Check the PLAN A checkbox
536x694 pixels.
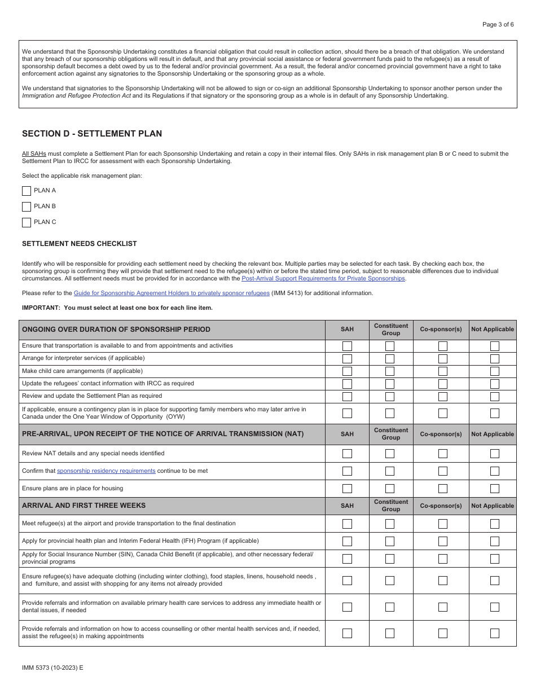pos(27,191)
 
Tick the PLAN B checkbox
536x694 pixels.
pos(27,207)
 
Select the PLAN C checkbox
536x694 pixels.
pos(27,222)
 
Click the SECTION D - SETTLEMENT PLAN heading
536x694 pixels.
pos(92,134)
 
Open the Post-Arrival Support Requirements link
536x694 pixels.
pos(323,278)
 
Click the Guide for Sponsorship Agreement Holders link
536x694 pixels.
pos(172,293)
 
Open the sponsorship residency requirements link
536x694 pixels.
pos(106,471)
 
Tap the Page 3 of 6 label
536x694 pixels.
pos(498,24)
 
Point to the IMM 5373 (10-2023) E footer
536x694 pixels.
pos(52,667)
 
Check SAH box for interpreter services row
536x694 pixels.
pos(347,358)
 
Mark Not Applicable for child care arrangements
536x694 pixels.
pos(494,371)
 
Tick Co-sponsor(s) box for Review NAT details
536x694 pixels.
pos(443,453)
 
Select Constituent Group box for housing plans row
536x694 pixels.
pos(390,489)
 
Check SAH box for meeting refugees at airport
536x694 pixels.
pos(347,524)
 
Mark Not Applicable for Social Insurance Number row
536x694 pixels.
pos(494,559)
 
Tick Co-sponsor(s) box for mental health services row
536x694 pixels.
pos(443,633)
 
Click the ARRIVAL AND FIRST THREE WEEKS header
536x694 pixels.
pos(84,506)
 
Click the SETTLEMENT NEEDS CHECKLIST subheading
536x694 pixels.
pos(80,244)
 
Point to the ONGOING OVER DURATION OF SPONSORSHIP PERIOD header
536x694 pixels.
pos(116,330)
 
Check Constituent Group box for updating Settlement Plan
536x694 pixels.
pos(390,396)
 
